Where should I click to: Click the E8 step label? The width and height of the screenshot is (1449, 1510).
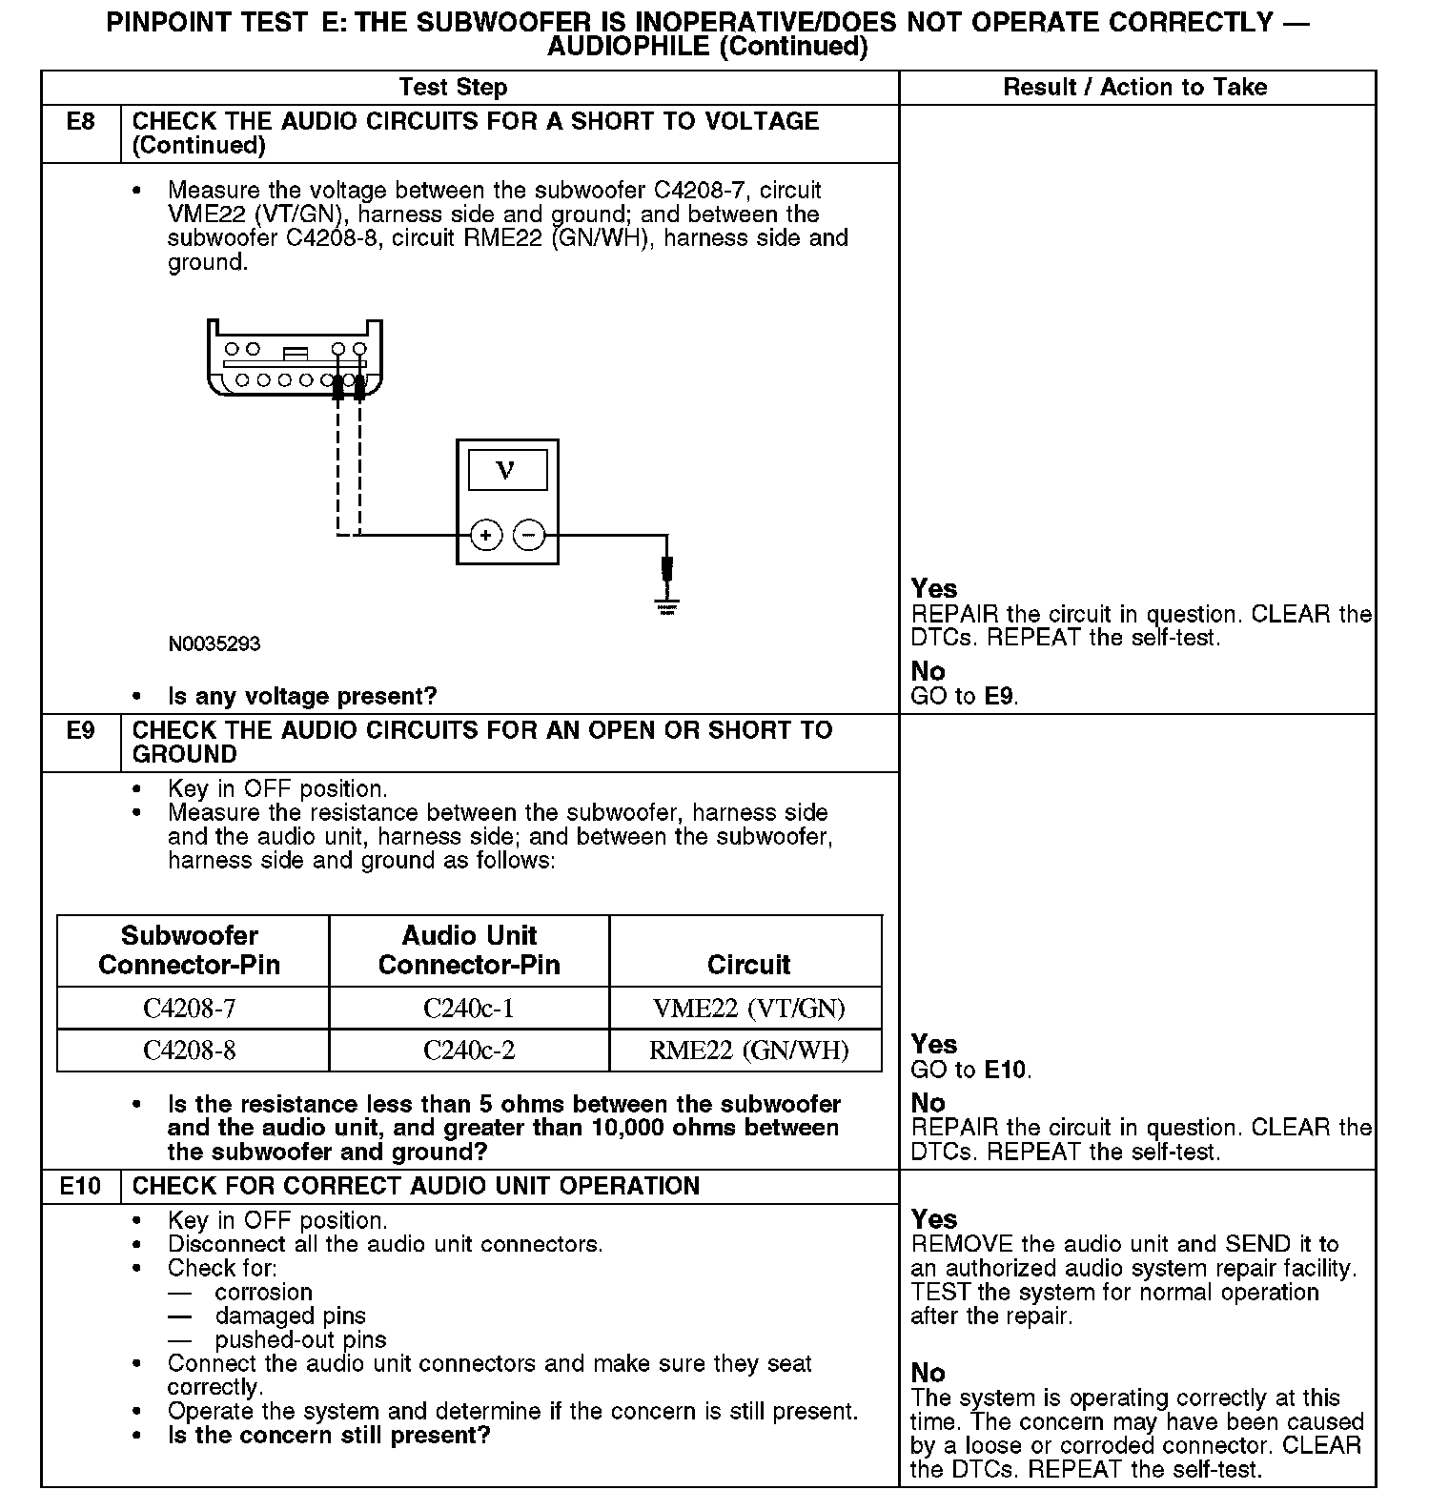point(81,122)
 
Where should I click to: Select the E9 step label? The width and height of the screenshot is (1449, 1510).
point(81,731)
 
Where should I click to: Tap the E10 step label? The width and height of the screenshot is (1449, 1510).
point(80,1187)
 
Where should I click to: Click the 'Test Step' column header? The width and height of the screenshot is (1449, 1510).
point(453,88)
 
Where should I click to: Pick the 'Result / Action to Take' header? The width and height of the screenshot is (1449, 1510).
point(1135,88)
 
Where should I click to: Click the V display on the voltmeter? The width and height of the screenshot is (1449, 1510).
point(507,471)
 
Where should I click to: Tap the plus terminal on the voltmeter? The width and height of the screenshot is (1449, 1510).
point(486,536)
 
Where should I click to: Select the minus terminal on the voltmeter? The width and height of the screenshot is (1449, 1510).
point(529,536)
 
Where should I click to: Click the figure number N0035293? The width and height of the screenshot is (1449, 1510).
point(214,644)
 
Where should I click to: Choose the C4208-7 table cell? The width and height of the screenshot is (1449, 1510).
point(190,1009)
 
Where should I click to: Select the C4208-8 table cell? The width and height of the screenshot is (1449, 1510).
point(190,1051)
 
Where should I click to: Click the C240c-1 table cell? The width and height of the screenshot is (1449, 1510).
point(469,1009)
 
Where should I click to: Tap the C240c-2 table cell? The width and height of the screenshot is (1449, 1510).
point(469,1051)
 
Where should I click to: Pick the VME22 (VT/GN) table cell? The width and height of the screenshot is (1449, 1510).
point(748,1009)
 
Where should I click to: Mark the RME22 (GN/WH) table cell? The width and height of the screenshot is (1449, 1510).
point(748,1051)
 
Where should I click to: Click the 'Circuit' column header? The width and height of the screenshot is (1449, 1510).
point(748,965)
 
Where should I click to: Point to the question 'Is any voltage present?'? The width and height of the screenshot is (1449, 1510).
point(302,697)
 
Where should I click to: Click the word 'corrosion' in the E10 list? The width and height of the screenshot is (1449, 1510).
point(263,1293)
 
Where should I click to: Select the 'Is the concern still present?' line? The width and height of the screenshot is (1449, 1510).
point(329,1436)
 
